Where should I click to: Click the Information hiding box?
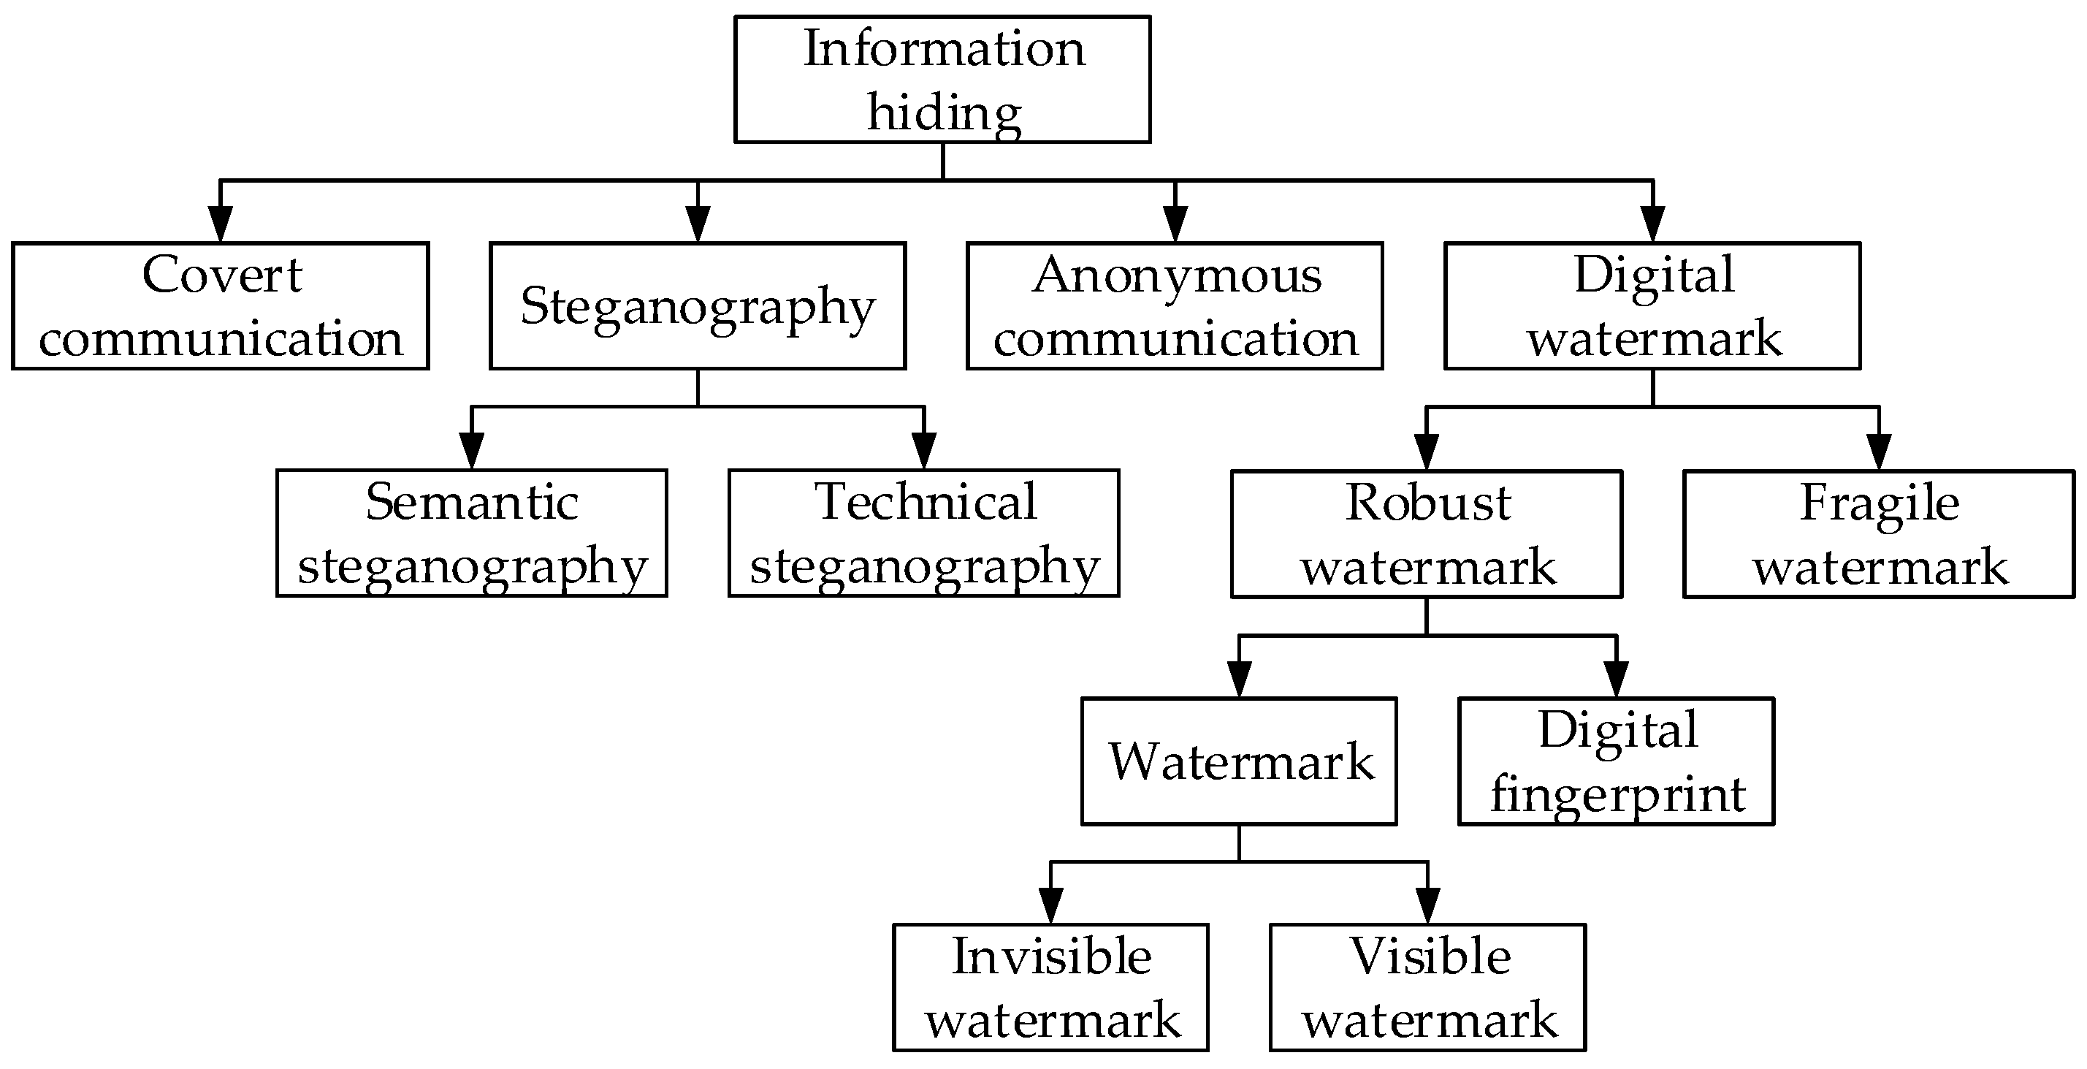pos(942,80)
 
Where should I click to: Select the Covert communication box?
pos(221,305)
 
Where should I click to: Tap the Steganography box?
pos(698,305)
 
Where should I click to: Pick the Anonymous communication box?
pos(1175,305)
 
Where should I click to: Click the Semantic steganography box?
pos(471,533)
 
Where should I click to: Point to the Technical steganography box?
pos(923,533)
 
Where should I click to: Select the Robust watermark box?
pos(1427,534)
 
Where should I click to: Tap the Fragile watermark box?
pos(1879,534)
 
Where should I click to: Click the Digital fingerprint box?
pos(1617,762)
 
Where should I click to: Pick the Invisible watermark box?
pos(1050,988)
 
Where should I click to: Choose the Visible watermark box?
pos(1427,988)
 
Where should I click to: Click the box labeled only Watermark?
pos(1239,762)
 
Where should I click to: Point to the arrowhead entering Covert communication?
pos(221,224)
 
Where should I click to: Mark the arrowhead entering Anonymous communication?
pos(1175,224)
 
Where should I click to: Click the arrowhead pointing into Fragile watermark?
pos(1879,452)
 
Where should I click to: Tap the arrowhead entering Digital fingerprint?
pos(1617,679)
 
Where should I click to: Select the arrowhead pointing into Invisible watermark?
pos(1050,905)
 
